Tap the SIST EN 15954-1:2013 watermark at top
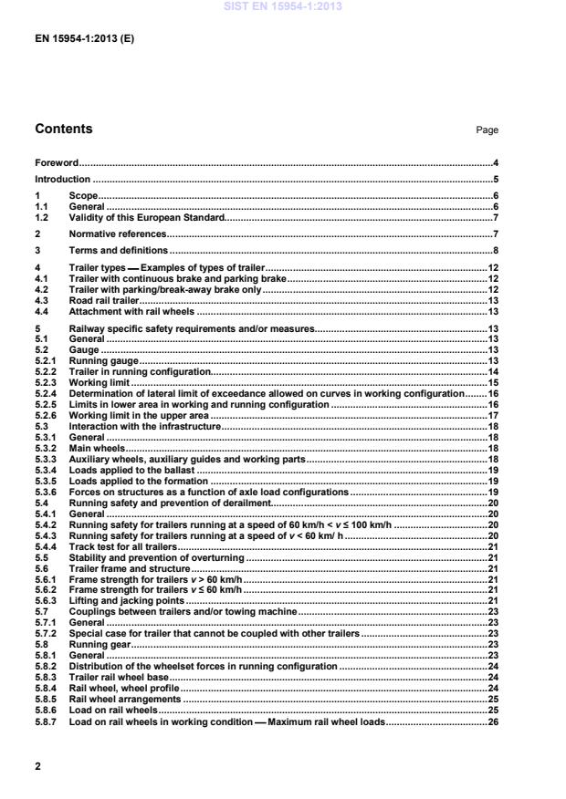pos(282,6)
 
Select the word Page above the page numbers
pos(487,130)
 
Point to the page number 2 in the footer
pos(37,766)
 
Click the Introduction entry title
pos(62,180)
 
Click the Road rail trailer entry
pos(102,300)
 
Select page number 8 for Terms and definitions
pos(496,249)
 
